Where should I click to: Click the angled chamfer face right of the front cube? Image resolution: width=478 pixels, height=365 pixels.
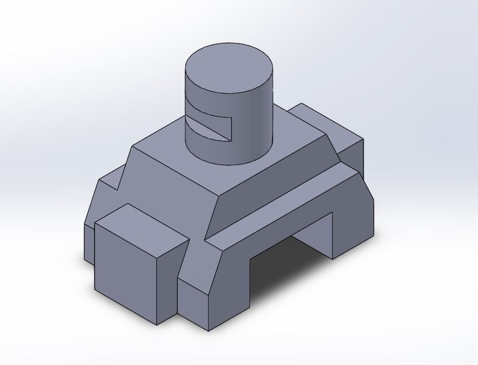coord(199,262)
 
